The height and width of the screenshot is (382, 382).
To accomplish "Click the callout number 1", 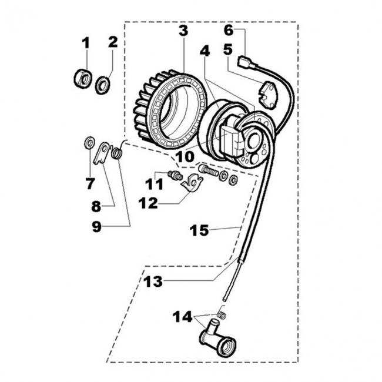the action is point(86,43).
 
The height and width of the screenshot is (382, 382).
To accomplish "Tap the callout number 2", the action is point(113,42).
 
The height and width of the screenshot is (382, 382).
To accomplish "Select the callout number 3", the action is point(183,31).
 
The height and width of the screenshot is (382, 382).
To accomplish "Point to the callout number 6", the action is point(229,30).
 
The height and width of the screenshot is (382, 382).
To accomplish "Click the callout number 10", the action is point(185,157).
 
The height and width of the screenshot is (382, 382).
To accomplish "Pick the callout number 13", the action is point(153,282).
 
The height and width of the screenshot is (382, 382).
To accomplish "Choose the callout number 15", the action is point(199,230).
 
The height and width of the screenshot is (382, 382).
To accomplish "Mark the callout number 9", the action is point(97,227).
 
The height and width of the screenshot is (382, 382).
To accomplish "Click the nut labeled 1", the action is point(83,79).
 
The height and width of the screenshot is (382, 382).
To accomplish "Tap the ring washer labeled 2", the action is point(103,85).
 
